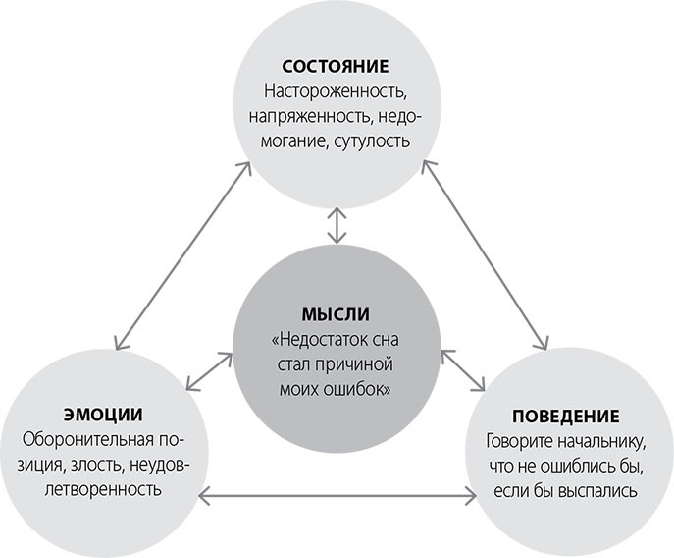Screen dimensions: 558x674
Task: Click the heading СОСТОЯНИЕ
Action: [x=337, y=68]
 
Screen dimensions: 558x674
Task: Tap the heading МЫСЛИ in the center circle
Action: [x=337, y=316]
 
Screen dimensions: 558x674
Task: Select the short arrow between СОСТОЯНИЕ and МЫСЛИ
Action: [x=337, y=224]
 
